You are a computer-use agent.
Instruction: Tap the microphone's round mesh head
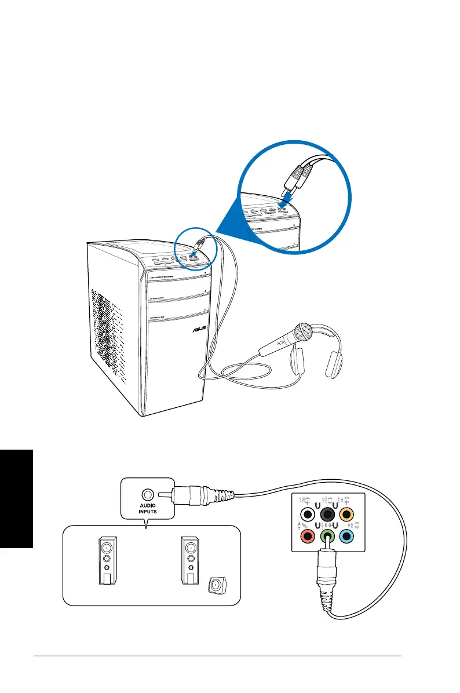(x=304, y=332)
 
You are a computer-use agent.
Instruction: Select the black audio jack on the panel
(x=328, y=513)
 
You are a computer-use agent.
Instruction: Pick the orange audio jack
(x=348, y=513)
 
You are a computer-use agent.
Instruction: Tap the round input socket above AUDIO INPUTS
(x=148, y=494)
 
